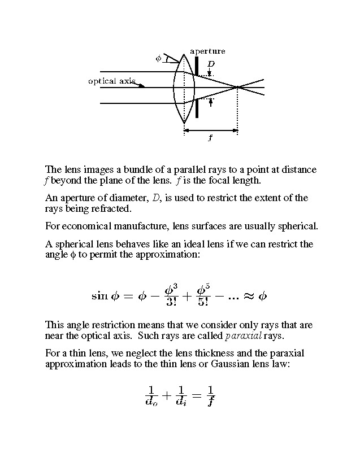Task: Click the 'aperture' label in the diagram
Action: coord(207,51)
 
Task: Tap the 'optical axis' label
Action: coord(111,81)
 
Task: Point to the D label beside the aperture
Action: coord(210,64)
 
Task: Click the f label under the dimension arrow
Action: coord(210,138)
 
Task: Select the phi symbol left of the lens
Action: coord(158,58)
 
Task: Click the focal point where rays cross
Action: coord(238,88)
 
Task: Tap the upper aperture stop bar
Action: coord(197,64)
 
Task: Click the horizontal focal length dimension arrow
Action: coord(211,130)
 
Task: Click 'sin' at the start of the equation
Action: coord(100,295)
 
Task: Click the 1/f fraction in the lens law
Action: coord(210,396)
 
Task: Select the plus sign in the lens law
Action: coord(166,396)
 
